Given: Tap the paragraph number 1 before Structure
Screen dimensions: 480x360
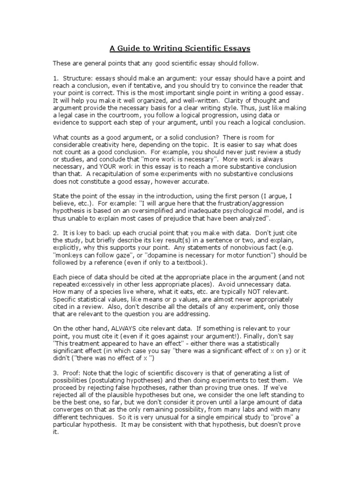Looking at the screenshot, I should coord(55,78).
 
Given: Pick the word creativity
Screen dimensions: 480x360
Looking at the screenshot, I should coord(100,145).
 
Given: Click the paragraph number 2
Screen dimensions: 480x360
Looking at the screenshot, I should coord(55,233).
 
